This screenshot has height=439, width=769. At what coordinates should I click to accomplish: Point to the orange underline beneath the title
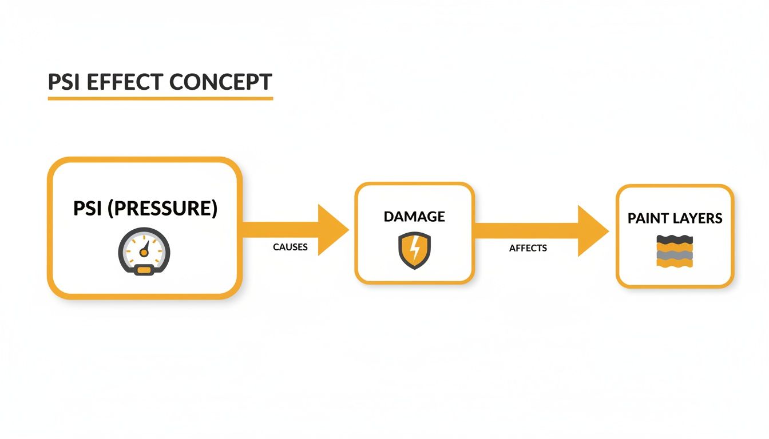coord(160,99)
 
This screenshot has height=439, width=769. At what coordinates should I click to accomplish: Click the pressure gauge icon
coord(144,252)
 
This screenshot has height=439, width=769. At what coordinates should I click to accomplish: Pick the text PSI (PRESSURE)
coord(145,209)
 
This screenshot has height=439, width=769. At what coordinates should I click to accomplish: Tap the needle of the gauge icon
coord(145,248)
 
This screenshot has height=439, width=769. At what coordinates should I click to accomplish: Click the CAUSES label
coord(290,247)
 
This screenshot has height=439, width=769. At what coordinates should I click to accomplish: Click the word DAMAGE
coord(414,217)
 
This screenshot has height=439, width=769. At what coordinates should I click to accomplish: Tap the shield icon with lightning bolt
coord(414,250)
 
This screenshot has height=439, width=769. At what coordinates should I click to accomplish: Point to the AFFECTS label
coord(528,248)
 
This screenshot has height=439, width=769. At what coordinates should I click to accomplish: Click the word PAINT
coord(648,218)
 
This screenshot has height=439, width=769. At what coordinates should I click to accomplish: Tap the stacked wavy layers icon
coord(675,251)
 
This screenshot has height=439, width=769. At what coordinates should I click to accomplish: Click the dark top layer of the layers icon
coord(675,240)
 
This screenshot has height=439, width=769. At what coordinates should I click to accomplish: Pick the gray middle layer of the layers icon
coord(675,255)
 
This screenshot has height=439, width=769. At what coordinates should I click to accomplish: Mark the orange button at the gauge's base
coord(144,270)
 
